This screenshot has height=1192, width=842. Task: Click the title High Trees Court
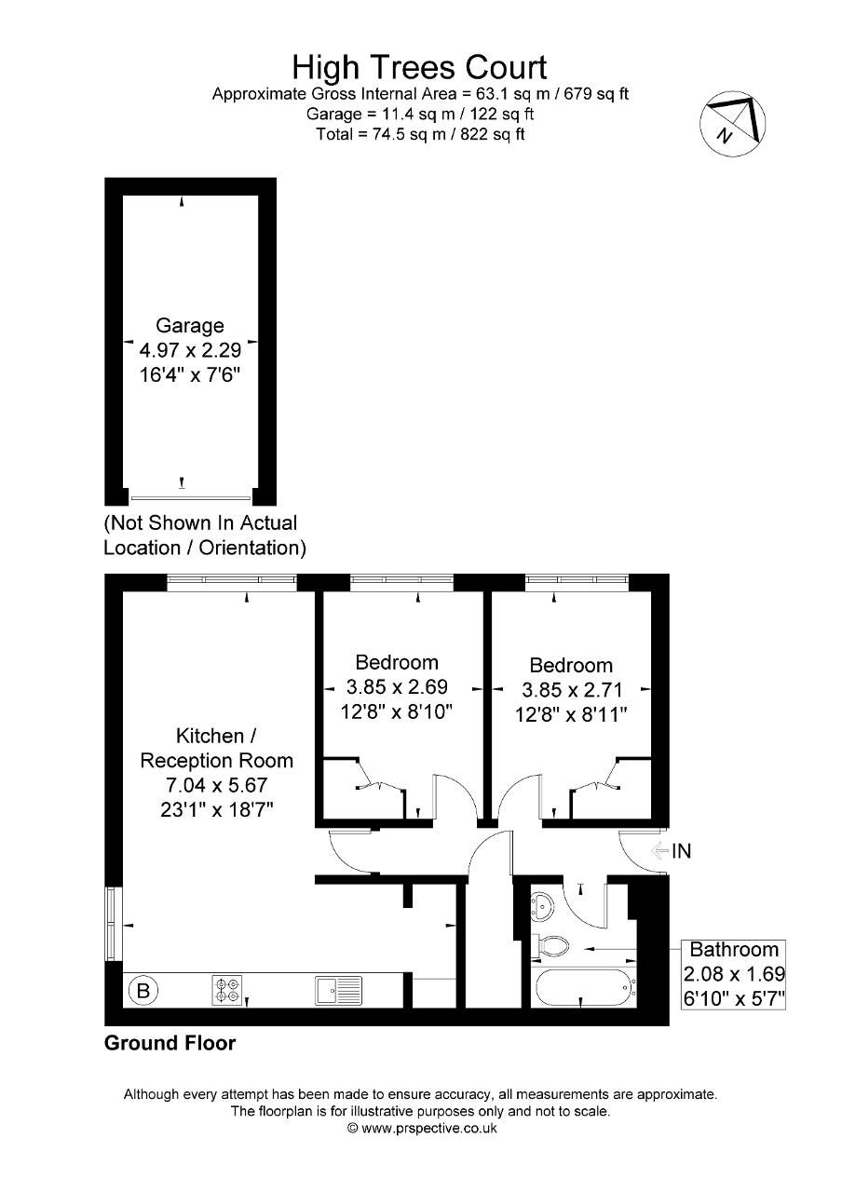point(419,67)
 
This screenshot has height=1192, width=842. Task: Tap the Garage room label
point(190,326)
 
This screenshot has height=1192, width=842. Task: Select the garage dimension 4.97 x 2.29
point(190,351)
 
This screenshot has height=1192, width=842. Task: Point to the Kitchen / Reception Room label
point(216,749)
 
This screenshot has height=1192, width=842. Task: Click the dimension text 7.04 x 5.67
point(216,785)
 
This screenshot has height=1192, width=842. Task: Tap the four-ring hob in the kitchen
point(227,989)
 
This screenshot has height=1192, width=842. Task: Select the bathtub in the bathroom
point(583,986)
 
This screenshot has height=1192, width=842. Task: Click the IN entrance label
point(682,850)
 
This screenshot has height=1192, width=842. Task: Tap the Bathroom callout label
point(733,950)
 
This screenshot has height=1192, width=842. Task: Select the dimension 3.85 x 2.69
point(397,688)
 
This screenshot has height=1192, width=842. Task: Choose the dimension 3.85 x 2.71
point(570,690)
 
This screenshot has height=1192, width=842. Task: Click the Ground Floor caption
point(170,1043)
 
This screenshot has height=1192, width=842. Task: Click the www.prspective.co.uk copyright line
point(422,1128)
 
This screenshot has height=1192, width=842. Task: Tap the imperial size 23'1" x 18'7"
point(216,809)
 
